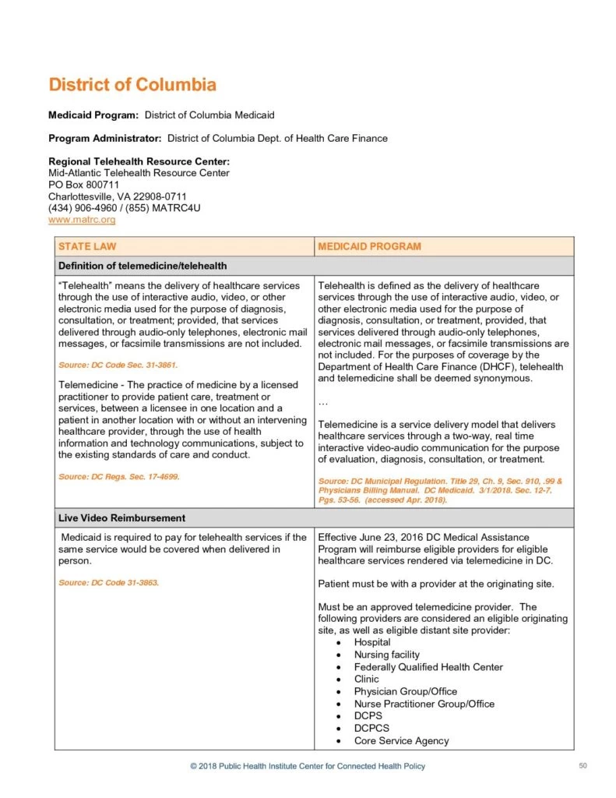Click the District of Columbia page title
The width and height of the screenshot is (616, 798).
tap(132, 85)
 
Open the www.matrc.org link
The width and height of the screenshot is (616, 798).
tap(82, 221)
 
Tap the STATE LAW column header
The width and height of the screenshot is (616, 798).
tap(85, 246)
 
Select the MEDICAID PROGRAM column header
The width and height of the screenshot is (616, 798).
tap(369, 246)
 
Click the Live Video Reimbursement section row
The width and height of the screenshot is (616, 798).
tap(121, 518)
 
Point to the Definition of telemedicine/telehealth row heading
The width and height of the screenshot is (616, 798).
tap(143, 266)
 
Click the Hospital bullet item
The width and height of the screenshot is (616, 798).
tap(372, 642)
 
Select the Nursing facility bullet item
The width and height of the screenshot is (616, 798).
tap(386, 655)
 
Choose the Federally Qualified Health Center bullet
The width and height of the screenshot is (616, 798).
tap(428, 667)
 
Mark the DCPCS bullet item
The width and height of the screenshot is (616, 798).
tap(371, 729)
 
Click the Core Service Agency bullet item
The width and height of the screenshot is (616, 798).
tap(401, 741)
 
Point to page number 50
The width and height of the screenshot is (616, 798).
tap(583, 766)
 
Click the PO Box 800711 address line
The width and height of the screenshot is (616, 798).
tap(83, 185)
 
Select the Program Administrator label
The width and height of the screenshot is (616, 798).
tap(105, 139)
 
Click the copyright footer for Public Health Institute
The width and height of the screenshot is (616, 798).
tap(308, 767)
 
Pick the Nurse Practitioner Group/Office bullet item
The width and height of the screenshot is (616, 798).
tap(424, 704)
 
